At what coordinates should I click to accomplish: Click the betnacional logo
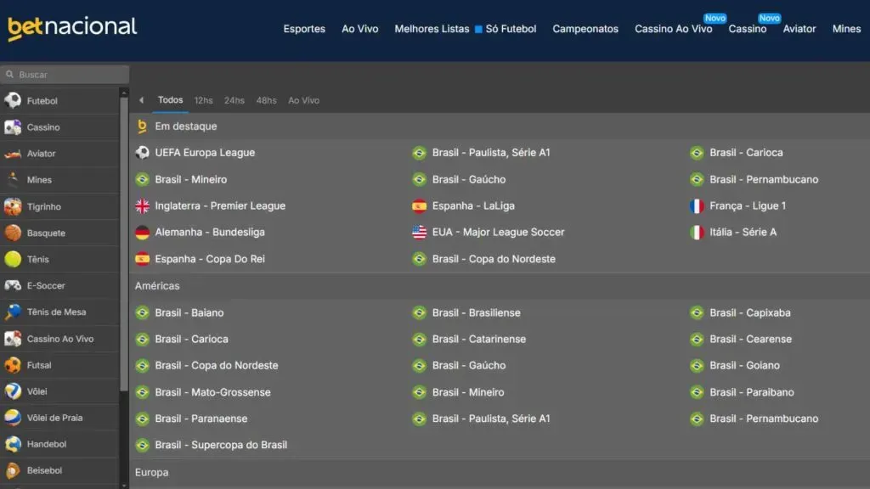click(72, 28)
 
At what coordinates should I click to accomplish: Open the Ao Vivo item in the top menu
click(360, 29)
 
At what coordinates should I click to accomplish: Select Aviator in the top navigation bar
click(799, 29)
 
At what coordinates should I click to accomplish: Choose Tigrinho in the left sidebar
click(44, 206)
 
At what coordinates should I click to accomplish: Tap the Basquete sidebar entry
click(46, 233)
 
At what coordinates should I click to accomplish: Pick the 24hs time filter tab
click(234, 100)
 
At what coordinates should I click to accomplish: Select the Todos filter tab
click(171, 100)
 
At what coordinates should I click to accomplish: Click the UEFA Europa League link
click(205, 153)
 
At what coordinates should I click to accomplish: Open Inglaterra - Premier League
click(220, 205)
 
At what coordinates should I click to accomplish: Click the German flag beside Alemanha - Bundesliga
click(142, 233)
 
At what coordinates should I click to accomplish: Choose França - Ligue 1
click(748, 205)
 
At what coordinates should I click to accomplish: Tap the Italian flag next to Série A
click(697, 233)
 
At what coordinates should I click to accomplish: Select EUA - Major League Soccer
click(498, 232)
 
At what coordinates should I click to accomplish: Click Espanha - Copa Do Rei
click(210, 259)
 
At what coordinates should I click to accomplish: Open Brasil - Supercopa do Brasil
click(221, 445)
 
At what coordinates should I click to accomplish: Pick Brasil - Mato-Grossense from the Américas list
click(212, 392)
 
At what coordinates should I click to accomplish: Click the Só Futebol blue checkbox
click(478, 29)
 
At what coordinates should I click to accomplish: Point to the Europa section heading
click(152, 473)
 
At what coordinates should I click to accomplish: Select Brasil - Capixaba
click(750, 312)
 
